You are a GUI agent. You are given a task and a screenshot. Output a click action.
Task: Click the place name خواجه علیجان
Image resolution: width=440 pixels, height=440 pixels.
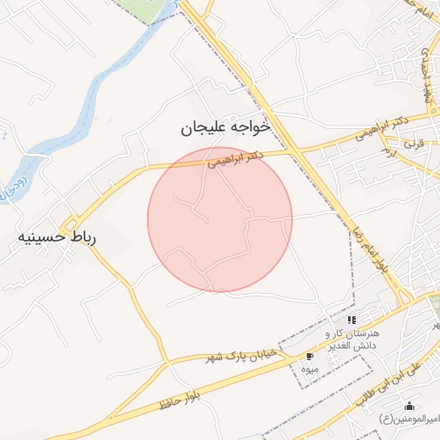pyautogui.click(x=225, y=127)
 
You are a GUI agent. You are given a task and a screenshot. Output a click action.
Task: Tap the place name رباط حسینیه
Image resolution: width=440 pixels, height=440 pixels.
pyautogui.click(x=57, y=236)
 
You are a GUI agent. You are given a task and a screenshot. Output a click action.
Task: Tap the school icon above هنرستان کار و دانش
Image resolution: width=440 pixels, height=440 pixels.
pyautogui.click(x=351, y=320)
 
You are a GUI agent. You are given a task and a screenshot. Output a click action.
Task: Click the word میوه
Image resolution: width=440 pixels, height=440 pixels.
pyautogui.click(x=309, y=369)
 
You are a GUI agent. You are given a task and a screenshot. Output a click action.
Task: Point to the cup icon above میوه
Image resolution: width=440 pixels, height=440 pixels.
pyautogui.click(x=309, y=356)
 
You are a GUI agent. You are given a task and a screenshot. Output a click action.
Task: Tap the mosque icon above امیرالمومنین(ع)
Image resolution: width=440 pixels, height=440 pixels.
pyautogui.click(x=409, y=406)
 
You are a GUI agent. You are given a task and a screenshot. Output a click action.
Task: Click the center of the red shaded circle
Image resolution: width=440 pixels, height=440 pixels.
pyautogui.click(x=220, y=219)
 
